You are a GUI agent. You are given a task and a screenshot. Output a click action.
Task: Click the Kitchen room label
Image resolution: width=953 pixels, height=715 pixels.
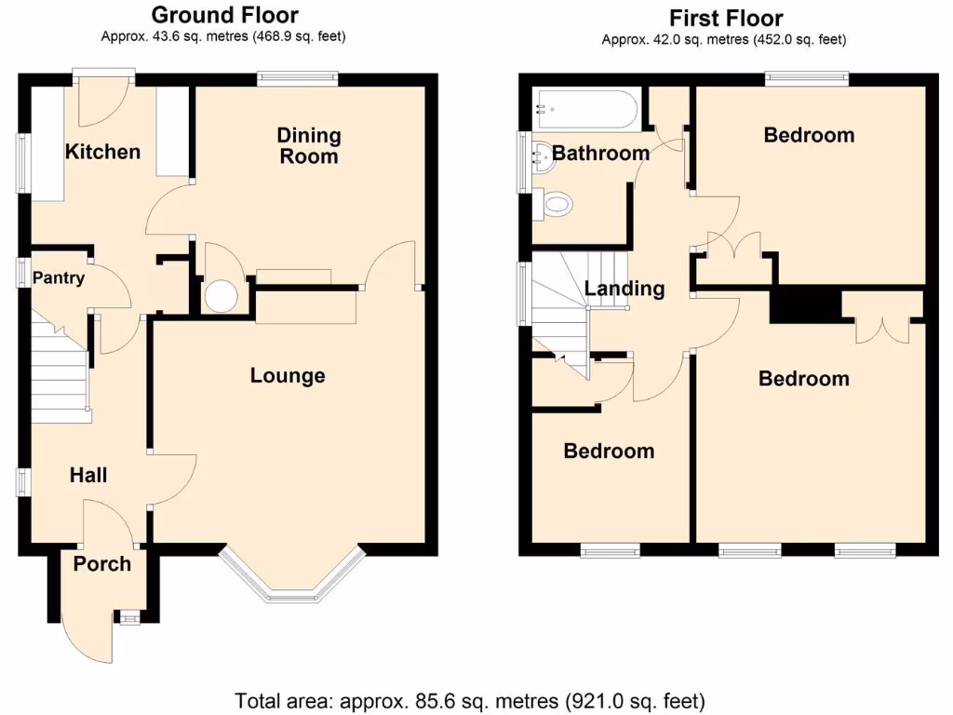[x=102, y=152]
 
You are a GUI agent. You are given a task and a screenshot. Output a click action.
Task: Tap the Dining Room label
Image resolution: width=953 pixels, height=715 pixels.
[x=309, y=146]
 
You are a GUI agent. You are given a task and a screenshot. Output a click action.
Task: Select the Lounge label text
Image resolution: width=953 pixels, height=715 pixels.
[x=288, y=375]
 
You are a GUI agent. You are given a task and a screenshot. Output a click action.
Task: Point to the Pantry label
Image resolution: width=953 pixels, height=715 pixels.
[x=59, y=277]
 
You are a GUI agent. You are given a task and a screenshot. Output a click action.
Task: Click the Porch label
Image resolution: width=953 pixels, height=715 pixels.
[x=102, y=563]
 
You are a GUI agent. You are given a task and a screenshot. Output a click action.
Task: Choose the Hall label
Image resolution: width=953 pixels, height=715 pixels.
[x=88, y=475]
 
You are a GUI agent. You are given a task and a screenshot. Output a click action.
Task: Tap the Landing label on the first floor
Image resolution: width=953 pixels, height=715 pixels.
[x=624, y=289]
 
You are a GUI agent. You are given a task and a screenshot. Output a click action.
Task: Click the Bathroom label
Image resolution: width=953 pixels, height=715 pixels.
[x=600, y=153]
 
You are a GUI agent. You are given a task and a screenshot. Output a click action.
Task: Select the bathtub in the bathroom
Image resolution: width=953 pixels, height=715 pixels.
[x=585, y=110]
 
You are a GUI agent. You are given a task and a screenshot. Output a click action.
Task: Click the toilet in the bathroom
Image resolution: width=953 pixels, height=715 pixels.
[x=555, y=204]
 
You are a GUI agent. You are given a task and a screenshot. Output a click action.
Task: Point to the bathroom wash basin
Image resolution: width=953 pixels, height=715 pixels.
[x=539, y=153]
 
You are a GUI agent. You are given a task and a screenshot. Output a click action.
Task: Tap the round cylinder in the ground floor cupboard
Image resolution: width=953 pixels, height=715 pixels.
[x=221, y=297]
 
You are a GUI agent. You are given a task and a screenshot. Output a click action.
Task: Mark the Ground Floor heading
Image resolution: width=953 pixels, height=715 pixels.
[x=224, y=15]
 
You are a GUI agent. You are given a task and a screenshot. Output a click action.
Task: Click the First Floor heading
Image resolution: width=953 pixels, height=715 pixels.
[x=726, y=18]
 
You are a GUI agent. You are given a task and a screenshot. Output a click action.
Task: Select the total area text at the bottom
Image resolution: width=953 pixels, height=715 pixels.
[x=470, y=699]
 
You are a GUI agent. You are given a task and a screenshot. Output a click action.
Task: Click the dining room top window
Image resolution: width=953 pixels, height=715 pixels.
[x=298, y=80]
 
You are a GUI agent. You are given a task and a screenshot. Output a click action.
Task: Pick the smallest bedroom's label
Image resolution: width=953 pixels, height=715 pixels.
[x=609, y=451]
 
